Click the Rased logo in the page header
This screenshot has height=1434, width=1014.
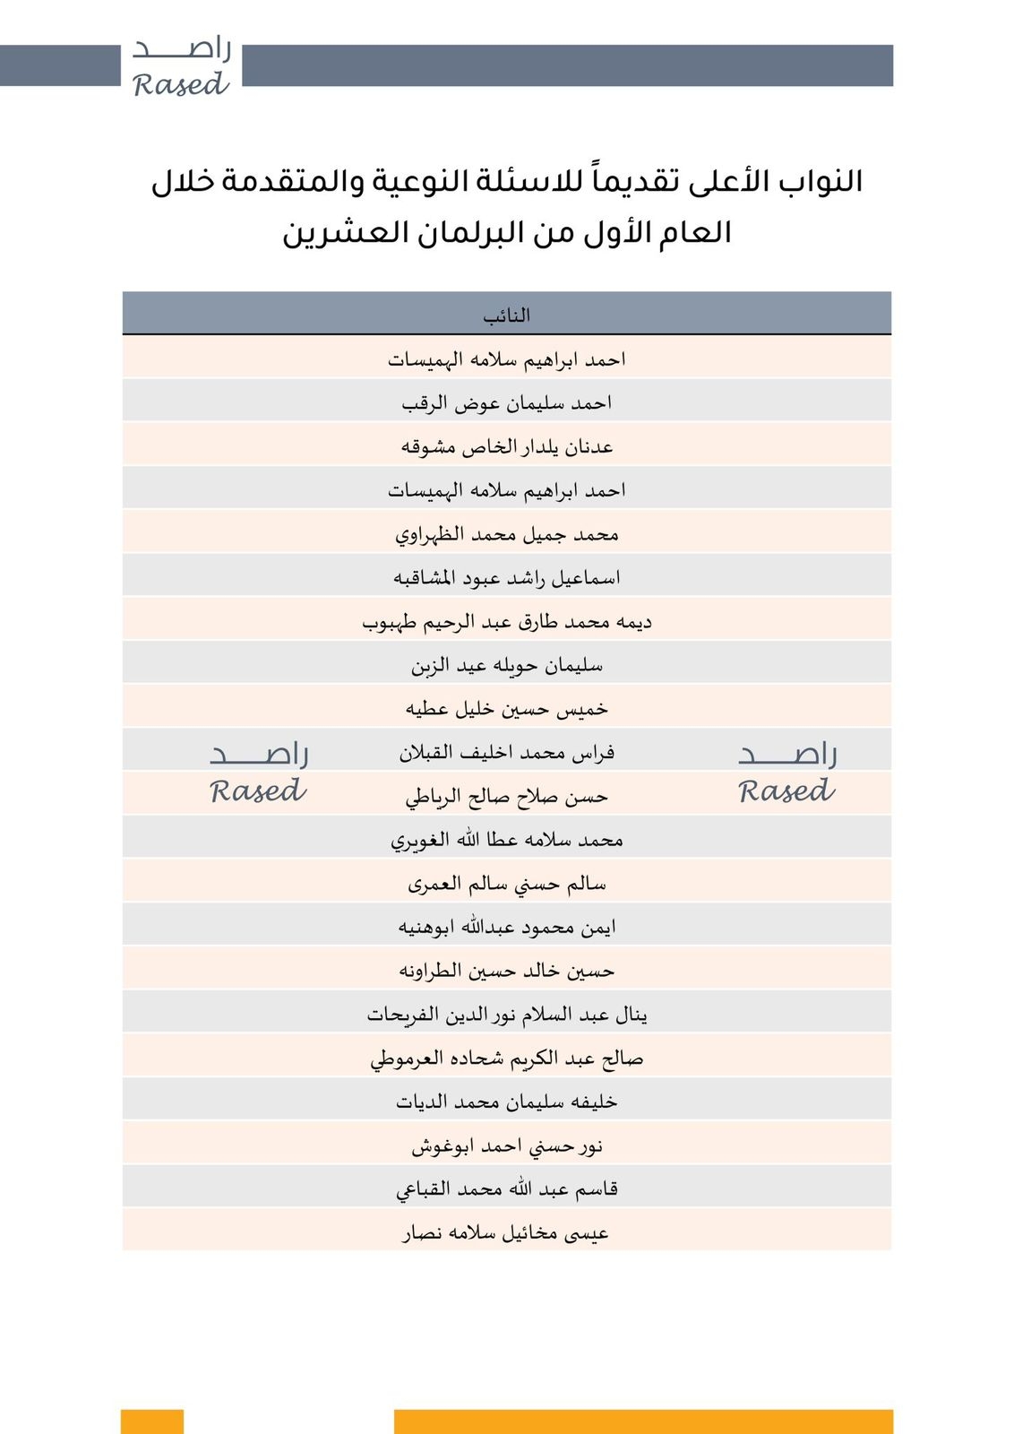[181, 67]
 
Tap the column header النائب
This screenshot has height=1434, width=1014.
[507, 315]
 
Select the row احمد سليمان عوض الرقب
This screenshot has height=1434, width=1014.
[507, 403]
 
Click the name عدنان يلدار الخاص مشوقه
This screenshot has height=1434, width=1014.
[507, 446]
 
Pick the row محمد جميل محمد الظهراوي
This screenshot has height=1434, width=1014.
[507, 534]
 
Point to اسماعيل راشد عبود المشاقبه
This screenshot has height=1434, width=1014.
[507, 578]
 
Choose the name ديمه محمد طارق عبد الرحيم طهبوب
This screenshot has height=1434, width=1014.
[507, 622]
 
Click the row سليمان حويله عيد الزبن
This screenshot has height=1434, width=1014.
[507, 665]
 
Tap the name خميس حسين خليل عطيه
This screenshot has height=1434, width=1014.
[507, 709]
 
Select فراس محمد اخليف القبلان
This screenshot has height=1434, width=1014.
[507, 753]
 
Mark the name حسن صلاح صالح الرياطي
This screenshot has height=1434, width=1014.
[507, 796]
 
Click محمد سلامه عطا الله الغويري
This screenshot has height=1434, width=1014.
[507, 840]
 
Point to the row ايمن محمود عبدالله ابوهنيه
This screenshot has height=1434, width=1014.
[507, 927]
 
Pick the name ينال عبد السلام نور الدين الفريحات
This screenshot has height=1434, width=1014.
[507, 1015]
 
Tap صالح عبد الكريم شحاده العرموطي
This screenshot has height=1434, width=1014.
[507, 1058]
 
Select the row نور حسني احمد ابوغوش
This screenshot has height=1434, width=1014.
[507, 1145]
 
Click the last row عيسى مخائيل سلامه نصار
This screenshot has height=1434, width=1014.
[507, 1233]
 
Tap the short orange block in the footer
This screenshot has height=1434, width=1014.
[152, 1421]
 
